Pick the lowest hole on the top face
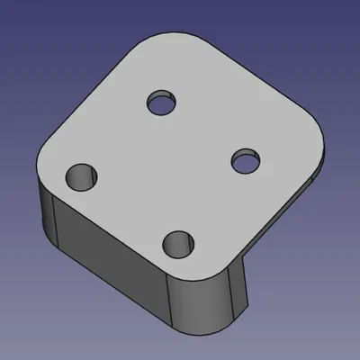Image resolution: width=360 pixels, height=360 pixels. [x=179, y=243]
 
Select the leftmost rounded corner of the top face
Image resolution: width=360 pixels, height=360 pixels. [x=45, y=157]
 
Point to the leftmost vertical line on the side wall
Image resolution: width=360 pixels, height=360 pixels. [x=55, y=220]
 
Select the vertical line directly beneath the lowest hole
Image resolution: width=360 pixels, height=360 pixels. [x=171, y=297]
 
